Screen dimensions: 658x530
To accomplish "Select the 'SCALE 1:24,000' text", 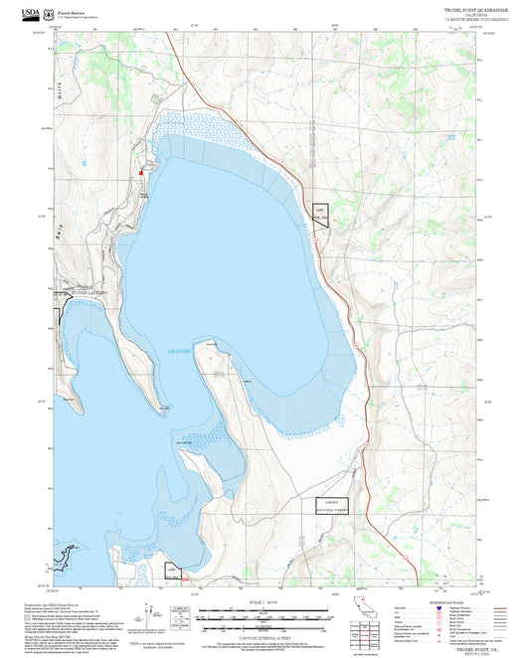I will click(264, 601).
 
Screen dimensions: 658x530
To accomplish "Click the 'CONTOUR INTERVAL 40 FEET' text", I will click(264, 633).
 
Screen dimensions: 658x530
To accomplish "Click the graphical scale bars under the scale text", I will click(264, 616).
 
